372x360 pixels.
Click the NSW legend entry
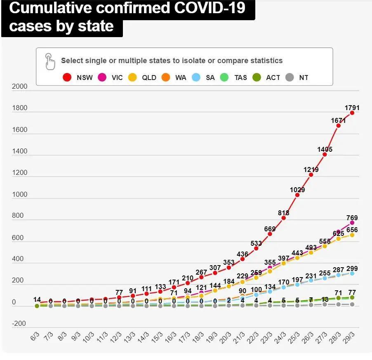click(78, 78)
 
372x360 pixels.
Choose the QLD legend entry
click(142, 78)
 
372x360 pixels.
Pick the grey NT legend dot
click(290, 78)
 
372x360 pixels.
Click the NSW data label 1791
click(352, 108)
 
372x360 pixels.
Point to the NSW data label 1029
click(297, 190)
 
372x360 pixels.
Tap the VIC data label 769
click(352, 218)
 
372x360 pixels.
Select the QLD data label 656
click(352, 230)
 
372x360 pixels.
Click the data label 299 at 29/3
click(352, 268)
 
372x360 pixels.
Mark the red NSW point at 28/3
click(338, 125)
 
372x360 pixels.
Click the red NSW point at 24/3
click(283, 218)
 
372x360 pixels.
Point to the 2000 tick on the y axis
click(20, 87)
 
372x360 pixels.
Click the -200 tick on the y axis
click(19, 324)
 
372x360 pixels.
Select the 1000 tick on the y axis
click(20, 195)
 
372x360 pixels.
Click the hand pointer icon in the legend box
click(50, 61)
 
